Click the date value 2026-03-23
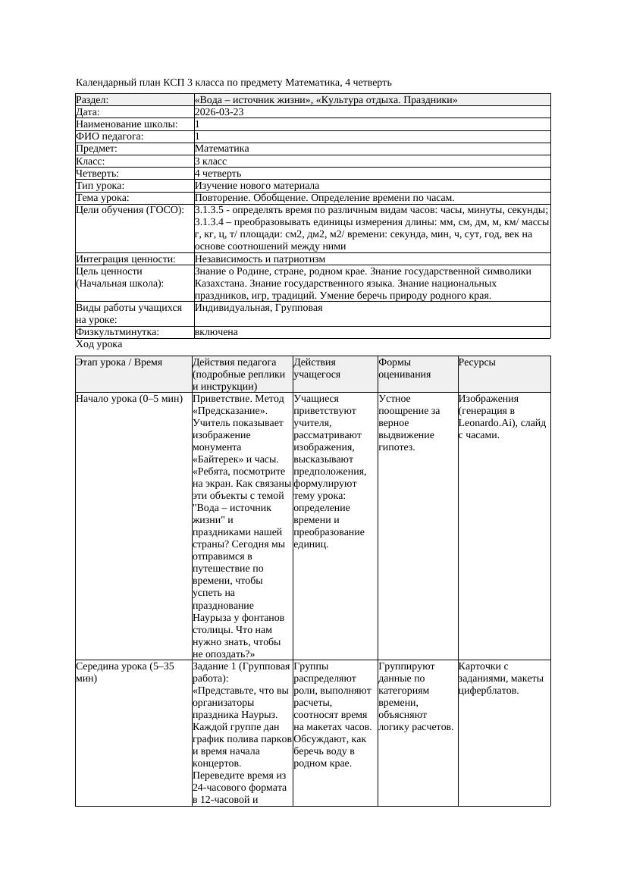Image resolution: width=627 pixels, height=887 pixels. pos(219,112)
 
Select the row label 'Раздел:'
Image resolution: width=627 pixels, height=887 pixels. pos(92,100)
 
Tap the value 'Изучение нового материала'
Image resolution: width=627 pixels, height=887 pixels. pos(257,186)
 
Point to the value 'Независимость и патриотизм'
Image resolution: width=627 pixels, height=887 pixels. pos(260,259)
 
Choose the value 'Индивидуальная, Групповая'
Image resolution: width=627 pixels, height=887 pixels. pos(259,308)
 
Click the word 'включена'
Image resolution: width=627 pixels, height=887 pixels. pos(216,332)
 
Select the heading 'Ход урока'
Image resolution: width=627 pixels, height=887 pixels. pos(99,344)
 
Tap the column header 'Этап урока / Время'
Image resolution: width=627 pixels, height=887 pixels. pos(119,362)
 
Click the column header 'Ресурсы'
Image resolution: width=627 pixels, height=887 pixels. pos(477,362)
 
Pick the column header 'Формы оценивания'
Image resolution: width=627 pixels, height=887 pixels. pos(406,368)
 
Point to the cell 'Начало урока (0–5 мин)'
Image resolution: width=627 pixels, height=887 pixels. pos(129,399)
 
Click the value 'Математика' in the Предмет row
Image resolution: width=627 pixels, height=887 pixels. pos(221,149)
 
